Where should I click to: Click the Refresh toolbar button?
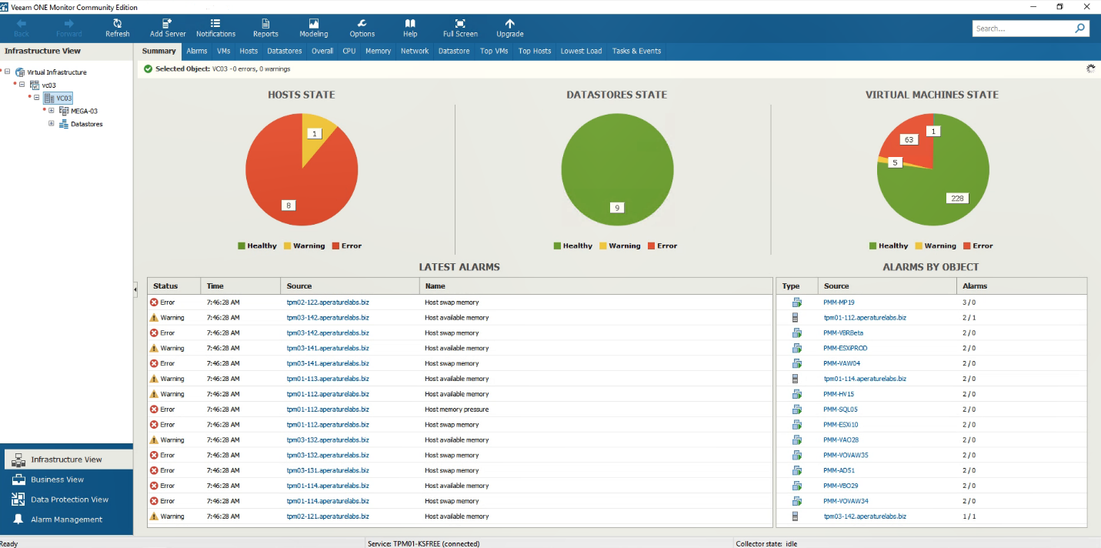[117, 28]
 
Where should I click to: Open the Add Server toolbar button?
[168, 28]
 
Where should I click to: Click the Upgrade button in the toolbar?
[509, 28]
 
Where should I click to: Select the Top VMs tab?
[494, 51]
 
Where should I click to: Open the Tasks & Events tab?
[636, 51]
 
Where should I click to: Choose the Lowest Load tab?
[581, 51]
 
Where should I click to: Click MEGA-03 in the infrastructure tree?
[84, 111]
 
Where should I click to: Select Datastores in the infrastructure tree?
[86, 124]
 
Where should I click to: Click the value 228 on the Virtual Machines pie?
[956, 198]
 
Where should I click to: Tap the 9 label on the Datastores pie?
[616, 207]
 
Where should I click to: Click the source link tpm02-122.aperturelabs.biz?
[328, 302]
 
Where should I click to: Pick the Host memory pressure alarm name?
[456, 409]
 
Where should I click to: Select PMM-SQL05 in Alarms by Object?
[840, 409]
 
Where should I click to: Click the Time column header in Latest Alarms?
[215, 286]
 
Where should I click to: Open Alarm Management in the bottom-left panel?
[66, 520]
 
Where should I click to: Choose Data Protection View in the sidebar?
[69, 500]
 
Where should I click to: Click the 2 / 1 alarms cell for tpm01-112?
[969, 318]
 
